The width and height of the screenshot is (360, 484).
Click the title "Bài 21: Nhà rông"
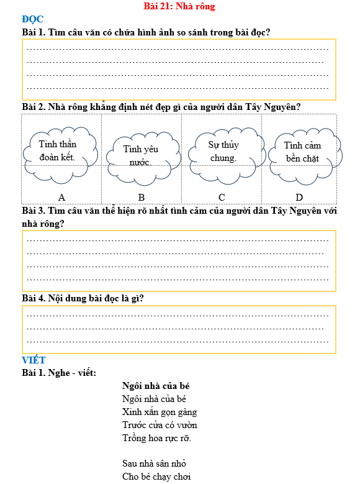coord(179,6)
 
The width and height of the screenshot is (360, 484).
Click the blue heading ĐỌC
coord(32,19)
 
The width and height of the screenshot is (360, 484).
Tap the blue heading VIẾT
coord(34,360)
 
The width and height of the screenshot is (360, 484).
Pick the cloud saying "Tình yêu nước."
coord(141,155)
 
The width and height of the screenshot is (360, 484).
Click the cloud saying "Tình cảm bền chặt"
coord(302,152)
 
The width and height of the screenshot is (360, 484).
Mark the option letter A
coord(62,197)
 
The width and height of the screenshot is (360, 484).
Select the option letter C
coord(222,197)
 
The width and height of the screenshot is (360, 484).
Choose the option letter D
coord(299,197)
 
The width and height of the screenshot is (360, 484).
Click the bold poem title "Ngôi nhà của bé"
coord(155,386)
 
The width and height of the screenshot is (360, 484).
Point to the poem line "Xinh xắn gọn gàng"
coord(160,412)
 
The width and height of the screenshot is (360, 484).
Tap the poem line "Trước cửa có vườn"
coord(160,425)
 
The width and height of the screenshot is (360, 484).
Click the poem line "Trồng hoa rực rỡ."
coord(157,438)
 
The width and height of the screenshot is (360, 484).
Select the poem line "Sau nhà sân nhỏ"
coord(155,463)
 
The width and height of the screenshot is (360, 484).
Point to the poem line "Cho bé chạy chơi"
coord(156,477)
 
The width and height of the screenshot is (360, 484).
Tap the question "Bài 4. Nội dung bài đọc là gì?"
coord(83,298)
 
